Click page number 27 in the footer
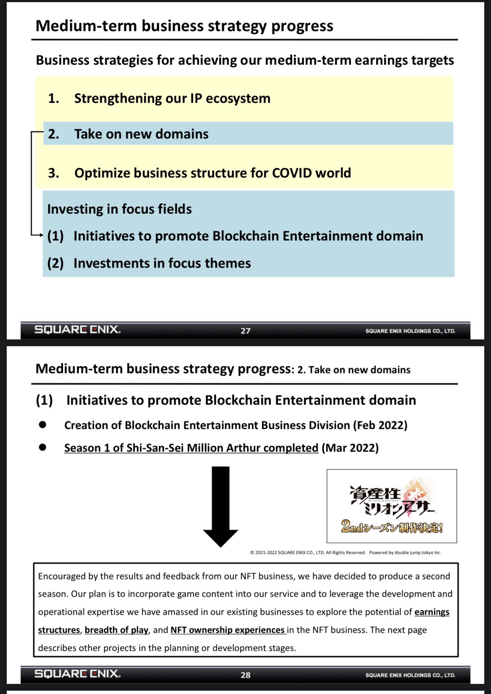pos(245,331)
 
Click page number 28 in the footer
pos(245,675)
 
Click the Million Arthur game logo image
pos(392,506)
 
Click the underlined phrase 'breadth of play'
pos(116,630)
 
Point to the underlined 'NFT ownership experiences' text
pos(228,630)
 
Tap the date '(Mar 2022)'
pos(350,448)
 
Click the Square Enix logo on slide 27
pos(78,330)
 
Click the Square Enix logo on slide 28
pos(78,674)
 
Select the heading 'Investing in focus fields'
pos(119,209)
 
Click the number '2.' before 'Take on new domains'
pos(54,134)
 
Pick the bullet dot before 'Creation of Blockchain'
pos(42,425)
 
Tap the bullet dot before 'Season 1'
pos(42,447)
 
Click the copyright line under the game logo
pos(345,553)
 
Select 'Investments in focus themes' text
pos(162,263)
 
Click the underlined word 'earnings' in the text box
pos(432,612)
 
